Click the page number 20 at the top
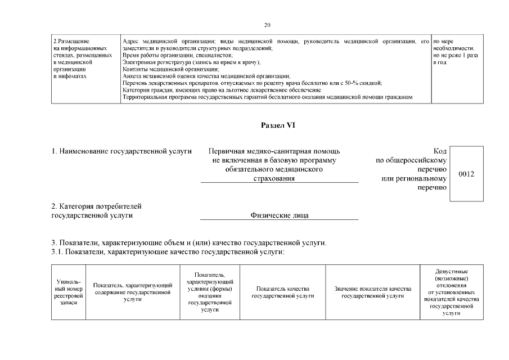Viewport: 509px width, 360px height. click(267, 25)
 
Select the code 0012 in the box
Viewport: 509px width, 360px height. click(466, 174)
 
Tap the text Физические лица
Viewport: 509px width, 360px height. click(279, 215)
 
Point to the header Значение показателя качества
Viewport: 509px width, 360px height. click(372, 292)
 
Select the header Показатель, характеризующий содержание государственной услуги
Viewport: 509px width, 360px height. click(132, 292)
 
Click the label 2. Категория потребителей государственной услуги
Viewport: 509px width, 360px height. click(96, 210)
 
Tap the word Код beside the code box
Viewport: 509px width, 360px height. click(440, 151)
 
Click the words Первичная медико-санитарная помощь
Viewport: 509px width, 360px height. click(274, 151)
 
